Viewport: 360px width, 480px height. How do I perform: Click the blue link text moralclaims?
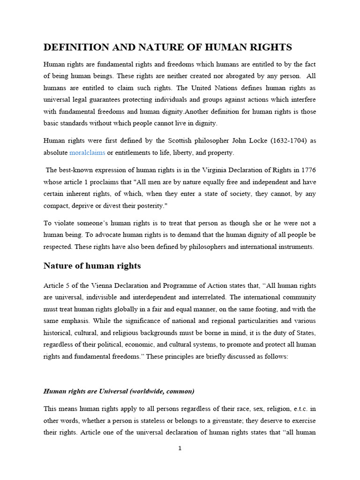tap(87, 153)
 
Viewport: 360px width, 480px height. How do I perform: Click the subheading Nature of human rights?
tap(92, 266)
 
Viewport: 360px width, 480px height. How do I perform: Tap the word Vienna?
tap(97, 285)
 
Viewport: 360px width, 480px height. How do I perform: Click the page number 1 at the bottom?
tap(180, 448)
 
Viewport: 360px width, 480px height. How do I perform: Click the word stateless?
tap(163, 421)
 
